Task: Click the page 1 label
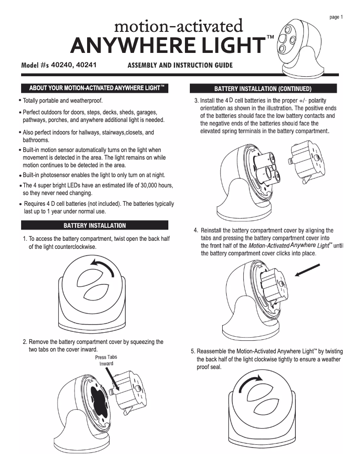336,17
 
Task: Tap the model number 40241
87,65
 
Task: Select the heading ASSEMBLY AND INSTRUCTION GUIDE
180,65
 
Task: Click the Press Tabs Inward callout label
106,360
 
